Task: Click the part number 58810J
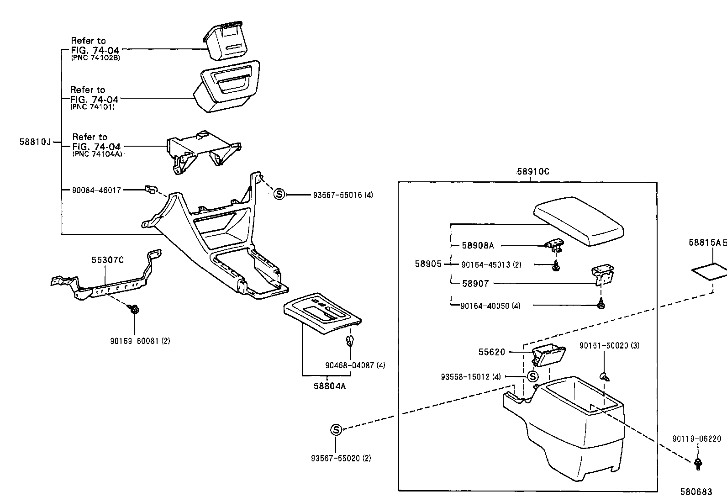[x=35, y=142]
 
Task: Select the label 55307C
[x=107, y=260]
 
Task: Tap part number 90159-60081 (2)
[x=140, y=341]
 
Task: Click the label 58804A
[x=329, y=386]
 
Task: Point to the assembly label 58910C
[x=533, y=172]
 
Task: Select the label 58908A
[x=478, y=246]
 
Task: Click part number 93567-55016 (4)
[x=343, y=195]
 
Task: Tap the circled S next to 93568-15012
[x=532, y=376]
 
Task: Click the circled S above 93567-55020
[x=336, y=429]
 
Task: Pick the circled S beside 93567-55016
[x=279, y=195]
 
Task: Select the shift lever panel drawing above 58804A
[x=321, y=313]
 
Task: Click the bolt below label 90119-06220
[x=697, y=464]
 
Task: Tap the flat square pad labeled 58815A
[x=709, y=271]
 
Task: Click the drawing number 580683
[x=696, y=492]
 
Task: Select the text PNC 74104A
[x=97, y=154]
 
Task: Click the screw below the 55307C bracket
[x=134, y=310]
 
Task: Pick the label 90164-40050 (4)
[x=490, y=306]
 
